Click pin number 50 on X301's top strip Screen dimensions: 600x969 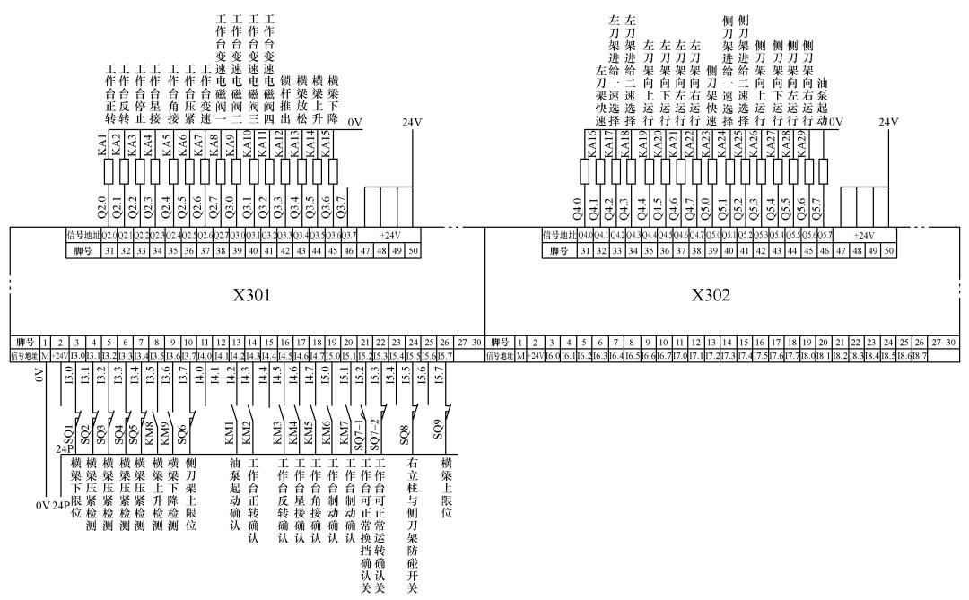(x=412, y=251)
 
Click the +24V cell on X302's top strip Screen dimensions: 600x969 (x=863, y=236)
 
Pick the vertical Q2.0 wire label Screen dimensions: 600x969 (x=102, y=203)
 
